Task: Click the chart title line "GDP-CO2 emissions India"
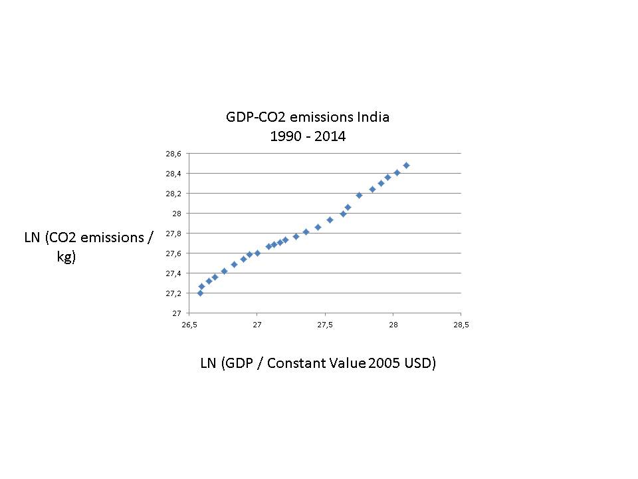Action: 307,118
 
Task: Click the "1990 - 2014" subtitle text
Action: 307,136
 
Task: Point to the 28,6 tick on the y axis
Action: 173,154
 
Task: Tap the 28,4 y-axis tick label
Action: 173,174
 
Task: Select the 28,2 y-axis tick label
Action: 173,194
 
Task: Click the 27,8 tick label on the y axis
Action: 173,234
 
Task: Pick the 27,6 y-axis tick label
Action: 173,253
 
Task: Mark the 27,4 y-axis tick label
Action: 173,273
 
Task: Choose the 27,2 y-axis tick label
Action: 173,293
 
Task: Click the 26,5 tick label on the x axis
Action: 189,325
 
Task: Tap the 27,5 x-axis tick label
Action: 325,325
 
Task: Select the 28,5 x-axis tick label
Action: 461,325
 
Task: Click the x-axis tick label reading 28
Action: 393,325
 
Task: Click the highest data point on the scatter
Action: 406,165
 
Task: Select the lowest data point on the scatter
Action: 200,293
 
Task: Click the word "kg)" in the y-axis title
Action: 66,257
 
